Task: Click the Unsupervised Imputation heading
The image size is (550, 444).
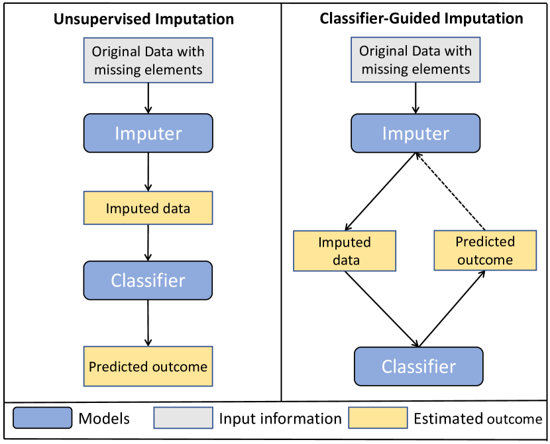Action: coord(144,19)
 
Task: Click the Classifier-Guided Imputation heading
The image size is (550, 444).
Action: coord(421,18)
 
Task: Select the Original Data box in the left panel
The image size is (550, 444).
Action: coord(148,60)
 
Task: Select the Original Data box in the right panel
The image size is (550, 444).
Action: coord(415,60)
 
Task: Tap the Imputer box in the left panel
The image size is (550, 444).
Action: coord(148,133)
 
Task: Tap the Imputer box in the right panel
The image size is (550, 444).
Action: coord(415,133)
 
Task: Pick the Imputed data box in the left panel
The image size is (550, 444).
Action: coord(148,208)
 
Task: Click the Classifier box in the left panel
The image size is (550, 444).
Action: coord(148,281)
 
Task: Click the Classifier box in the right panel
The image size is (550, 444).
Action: coord(419,367)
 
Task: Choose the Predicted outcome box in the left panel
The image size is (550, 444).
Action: coord(148,367)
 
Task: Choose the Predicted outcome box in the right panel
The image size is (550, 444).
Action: coord(485,250)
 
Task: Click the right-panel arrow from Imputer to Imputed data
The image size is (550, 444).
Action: coord(380,191)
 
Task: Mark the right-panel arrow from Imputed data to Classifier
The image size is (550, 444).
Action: coord(382,309)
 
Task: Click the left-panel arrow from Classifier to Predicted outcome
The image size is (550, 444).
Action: coord(148,322)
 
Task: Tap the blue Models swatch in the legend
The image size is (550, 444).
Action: coord(42,418)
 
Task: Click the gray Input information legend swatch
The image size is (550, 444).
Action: coord(183,418)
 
